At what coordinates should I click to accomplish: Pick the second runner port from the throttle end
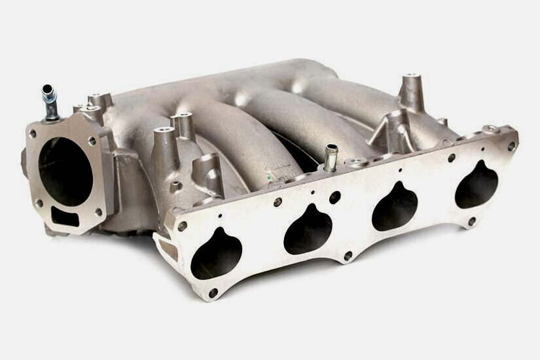pyautogui.click(x=308, y=228)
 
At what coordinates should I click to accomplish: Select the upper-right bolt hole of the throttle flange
pyautogui.click(x=92, y=140)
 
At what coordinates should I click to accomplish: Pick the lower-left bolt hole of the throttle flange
pyautogui.click(x=40, y=204)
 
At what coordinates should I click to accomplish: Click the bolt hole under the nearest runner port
pyautogui.click(x=213, y=292)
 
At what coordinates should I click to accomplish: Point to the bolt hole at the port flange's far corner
pyautogui.click(x=511, y=147)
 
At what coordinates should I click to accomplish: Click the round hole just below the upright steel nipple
pyautogui.click(x=335, y=196)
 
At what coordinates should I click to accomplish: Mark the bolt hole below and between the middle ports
pyautogui.click(x=348, y=255)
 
